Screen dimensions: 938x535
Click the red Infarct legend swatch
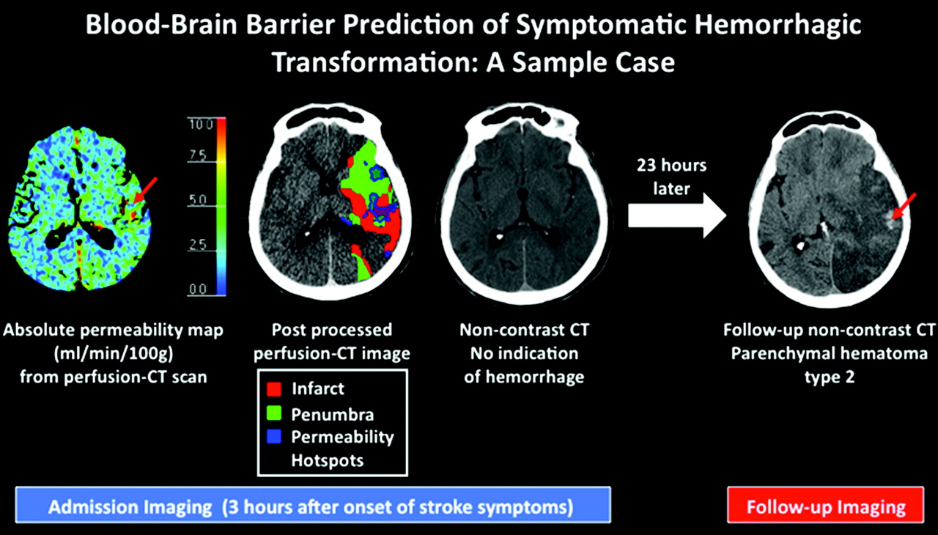tap(274, 389)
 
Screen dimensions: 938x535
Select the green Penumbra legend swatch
tap(274, 413)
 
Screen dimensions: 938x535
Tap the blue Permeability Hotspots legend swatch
tap(274, 437)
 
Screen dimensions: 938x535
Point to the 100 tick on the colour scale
tap(201, 125)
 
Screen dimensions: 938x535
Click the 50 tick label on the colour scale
tap(198, 199)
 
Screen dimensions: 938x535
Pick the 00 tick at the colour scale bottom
tap(198, 289)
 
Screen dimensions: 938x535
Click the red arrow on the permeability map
tap(144, 191)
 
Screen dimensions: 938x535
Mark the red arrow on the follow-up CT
tap(904, 206)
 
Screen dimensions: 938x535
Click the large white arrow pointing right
tap(677, 215)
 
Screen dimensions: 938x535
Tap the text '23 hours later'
tap(672, 177)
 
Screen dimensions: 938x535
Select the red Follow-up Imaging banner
tap(826, 505)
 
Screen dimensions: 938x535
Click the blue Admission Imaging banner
tap(313, 505)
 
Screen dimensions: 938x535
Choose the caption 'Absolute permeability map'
tap(113, 331)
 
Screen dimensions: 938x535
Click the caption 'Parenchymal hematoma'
tap(829, 354)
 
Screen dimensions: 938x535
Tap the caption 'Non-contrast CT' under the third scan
tap(524, 331)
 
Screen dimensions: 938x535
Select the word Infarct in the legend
tap(318, 389)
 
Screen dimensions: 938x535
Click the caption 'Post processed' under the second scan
tap(332, 331)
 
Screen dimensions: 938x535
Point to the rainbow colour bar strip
tap(221, 207)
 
